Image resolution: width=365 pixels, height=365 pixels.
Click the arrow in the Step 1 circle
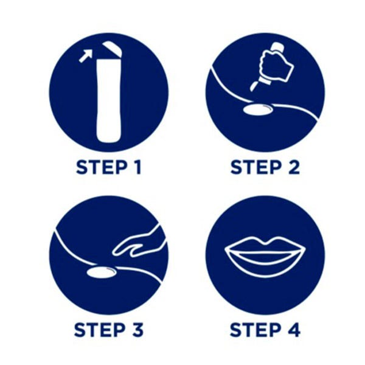[x=85, y=57]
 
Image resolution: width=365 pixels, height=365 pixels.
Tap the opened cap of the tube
[x=112, y=49]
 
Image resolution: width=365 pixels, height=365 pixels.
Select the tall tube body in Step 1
[x=109, y=100]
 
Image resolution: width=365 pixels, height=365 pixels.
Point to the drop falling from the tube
[x=254, y=86]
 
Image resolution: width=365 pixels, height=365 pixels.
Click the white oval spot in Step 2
[x=258, y=109]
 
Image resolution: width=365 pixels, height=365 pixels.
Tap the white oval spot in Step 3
[x=102, y=272]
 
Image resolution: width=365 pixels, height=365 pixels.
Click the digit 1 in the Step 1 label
[x=137, y=167]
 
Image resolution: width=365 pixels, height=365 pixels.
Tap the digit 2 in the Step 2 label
[x=294, y=167]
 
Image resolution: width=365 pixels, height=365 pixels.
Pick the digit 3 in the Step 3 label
[x=138, y=330]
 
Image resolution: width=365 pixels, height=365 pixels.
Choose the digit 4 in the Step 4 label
[x=294, y=330]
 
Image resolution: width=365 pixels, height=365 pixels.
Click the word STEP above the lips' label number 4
[x=255, y=330]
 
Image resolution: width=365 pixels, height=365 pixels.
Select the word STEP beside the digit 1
[x=102, y=167]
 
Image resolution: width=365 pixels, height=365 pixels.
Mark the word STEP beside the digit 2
[x=256, y=167]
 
